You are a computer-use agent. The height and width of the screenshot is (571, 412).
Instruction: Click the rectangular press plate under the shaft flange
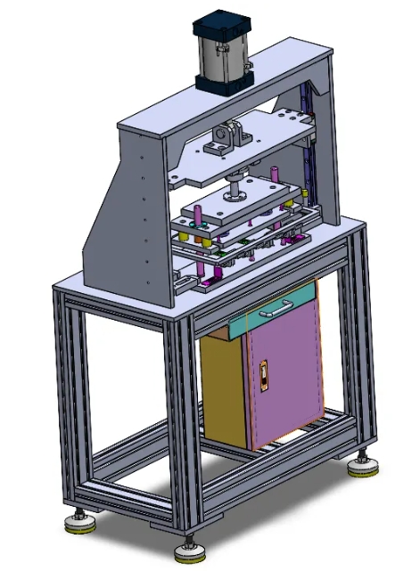point(236,207)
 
